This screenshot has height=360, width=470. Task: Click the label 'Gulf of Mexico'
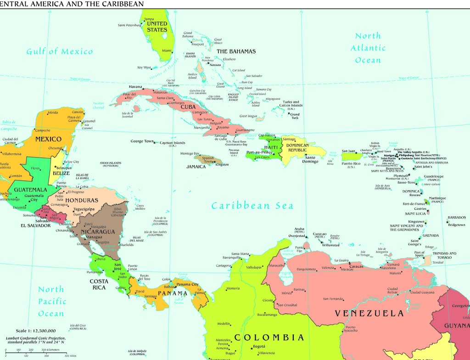[59, 51]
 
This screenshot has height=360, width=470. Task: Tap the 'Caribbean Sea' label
[252, 206]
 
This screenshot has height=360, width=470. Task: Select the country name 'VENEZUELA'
[369, 314]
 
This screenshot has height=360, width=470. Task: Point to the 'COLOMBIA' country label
[269, 337]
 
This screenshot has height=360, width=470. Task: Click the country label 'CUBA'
[188, 107]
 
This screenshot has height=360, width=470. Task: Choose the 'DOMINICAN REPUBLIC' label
[303, 148]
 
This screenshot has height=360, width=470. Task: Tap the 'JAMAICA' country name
[196, 167]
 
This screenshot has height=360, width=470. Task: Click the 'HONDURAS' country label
[82, 201]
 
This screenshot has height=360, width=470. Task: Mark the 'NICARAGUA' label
[98, 231]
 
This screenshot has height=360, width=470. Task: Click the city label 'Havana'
[135, 87]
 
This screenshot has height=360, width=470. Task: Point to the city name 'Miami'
[167, 51]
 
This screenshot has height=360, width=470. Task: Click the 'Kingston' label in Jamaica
[222, 164]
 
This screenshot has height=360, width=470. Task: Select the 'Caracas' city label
[356, 266]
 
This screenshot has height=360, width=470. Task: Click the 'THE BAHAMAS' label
[236, 51]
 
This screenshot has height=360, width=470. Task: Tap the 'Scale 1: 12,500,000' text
[36, 331]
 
